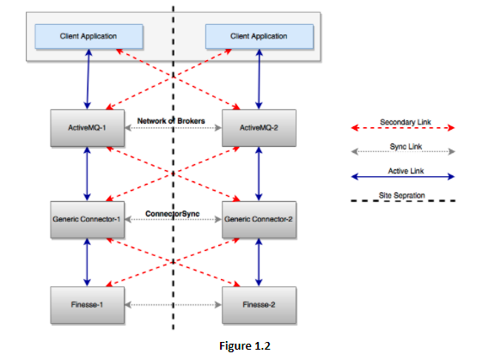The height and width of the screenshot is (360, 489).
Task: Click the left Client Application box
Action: click(88, 36)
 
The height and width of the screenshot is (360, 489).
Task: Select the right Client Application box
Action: click(259, 36)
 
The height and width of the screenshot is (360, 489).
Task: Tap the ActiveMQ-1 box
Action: click(88, 127)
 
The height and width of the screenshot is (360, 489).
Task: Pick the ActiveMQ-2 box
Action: click(259, 127)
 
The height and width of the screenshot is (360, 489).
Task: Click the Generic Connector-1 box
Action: click(88, 219)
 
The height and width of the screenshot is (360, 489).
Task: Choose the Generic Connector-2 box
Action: click(259, 219)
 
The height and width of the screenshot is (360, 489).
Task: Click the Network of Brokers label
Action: click(171, 120)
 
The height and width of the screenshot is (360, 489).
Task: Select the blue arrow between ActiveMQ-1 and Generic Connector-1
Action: click(88, 174)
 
